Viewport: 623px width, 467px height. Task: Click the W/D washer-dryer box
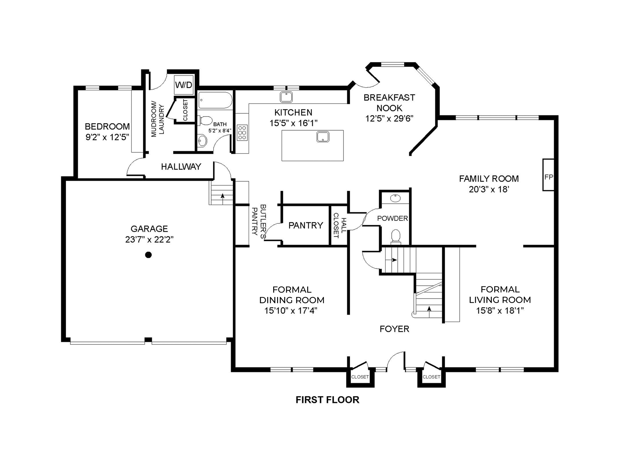(184, 85)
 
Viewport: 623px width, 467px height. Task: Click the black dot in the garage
(148, 255)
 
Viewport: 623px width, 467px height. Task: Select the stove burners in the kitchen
(242, 133)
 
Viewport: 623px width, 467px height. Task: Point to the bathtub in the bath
(215, 100)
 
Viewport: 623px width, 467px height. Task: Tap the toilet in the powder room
(396, 236)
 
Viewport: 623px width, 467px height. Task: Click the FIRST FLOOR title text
(327, 400)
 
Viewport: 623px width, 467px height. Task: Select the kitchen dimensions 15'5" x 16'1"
(293, 123)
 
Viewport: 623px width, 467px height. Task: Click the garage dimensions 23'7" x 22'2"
(149, 240)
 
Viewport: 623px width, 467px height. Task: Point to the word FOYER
(394, 329)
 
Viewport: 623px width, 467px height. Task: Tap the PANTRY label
(305, 225)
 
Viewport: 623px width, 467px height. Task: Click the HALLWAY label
(181, 167)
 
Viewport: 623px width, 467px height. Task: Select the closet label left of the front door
(360, 377)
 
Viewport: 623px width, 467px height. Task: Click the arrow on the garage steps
(222, 196)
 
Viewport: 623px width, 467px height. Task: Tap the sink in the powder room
(395, 198)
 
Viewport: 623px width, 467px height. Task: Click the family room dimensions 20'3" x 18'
(489, 189)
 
